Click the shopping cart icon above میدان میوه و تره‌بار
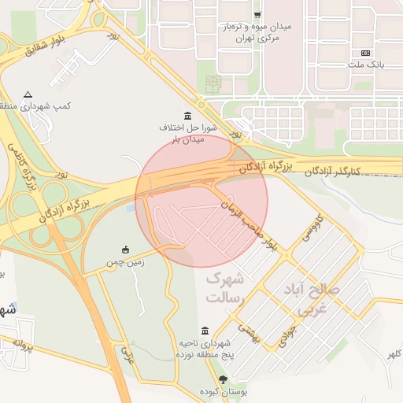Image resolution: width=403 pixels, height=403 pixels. (257, 15)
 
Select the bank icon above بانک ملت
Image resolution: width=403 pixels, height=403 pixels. (364, 52)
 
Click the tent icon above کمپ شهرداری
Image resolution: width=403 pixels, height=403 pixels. (28, 93)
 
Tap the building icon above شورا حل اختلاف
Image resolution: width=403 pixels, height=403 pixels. (187, 115)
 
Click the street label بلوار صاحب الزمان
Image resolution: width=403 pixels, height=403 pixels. (249, 223)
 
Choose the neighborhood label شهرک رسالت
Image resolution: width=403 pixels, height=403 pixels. (226, 288)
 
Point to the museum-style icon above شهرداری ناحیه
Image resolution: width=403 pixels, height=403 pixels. (205, 330)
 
